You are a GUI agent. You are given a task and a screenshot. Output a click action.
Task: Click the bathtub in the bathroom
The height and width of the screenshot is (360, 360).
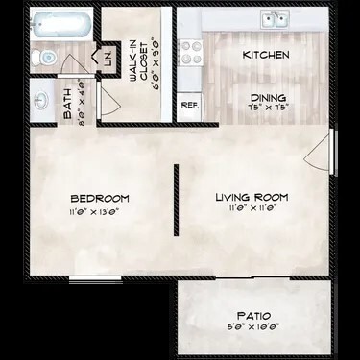(x=60, y=26)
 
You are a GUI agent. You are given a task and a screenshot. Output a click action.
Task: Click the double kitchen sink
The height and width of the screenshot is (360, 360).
(x=275, y=19)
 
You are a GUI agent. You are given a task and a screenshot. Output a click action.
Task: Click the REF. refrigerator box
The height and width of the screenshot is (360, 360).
(x=189, y=104)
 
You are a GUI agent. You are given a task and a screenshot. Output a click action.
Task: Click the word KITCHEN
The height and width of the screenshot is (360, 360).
(x=266, y=56)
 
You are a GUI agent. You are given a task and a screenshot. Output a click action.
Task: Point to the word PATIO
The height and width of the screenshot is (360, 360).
(x=254, y=315)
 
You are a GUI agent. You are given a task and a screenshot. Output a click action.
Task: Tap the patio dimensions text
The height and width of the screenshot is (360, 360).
(x=254, y=327)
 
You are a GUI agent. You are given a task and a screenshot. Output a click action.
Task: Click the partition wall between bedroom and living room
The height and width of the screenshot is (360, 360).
(x=175, y=198)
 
